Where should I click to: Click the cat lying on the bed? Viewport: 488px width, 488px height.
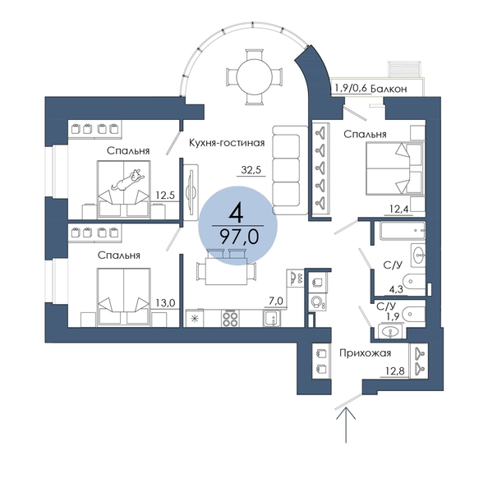pyautogui.click(x=128, y=180)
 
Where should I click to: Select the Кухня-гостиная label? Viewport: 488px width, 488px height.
pyautogui.click(x=227, y=143)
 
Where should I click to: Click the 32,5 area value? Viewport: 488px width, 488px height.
pyautogui.click(x=251, y=170)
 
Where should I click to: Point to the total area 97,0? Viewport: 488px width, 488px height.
pyautogui.click(x=239, y=237)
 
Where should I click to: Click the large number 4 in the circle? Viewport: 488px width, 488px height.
pyautogui.click(x=236, y=214)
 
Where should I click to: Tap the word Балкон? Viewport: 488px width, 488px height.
pyautogui.click(x=389, y=89)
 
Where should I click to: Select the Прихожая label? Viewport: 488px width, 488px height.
pyautogui.click(x=365, y=353)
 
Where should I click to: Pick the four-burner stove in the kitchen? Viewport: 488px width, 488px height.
pyautogui.click(x=230, y=318)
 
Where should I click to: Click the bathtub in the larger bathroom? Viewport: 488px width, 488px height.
pyautogui.click(x=403, y=231)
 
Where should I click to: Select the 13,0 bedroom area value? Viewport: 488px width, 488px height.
pyautogui.click(x=166, y=302)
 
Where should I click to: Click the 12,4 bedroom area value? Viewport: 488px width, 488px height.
pyautogui.click(x=399, y=209)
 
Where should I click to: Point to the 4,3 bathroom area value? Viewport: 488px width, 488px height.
pyautogui.click(x=396, y=289)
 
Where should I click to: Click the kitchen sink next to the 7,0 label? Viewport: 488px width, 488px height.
pyautogui.click(x=272, y=318)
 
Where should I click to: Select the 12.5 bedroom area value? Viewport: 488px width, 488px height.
pyautogui.click(x=165, y=196)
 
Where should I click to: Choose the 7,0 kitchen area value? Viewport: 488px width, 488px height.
pyautogui.click(x=276, y=302)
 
